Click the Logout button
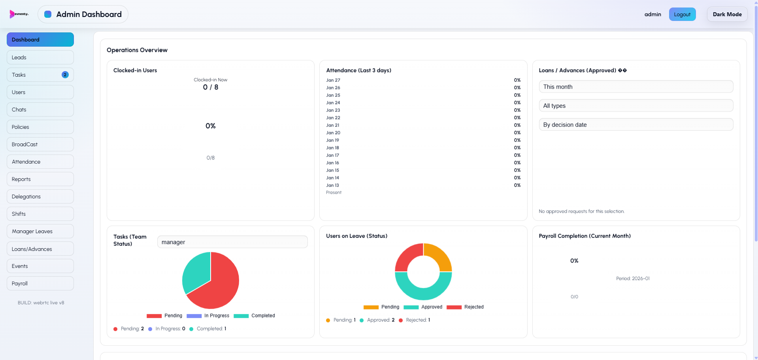(682, 14)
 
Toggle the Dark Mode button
(727, 14)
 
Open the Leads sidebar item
(40, 57)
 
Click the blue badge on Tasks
(65, 75)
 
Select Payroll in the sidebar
(40, 283)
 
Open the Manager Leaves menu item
(40, 231)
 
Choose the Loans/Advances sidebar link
(40, 249)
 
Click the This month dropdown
(635, 87)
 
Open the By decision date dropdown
(635, 124)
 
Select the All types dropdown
(635, 106)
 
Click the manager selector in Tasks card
(232, 242)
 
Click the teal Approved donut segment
(423, 290)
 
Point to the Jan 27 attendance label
(333, 80)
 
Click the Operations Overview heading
(137, 50)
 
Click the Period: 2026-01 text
(632, 279)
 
